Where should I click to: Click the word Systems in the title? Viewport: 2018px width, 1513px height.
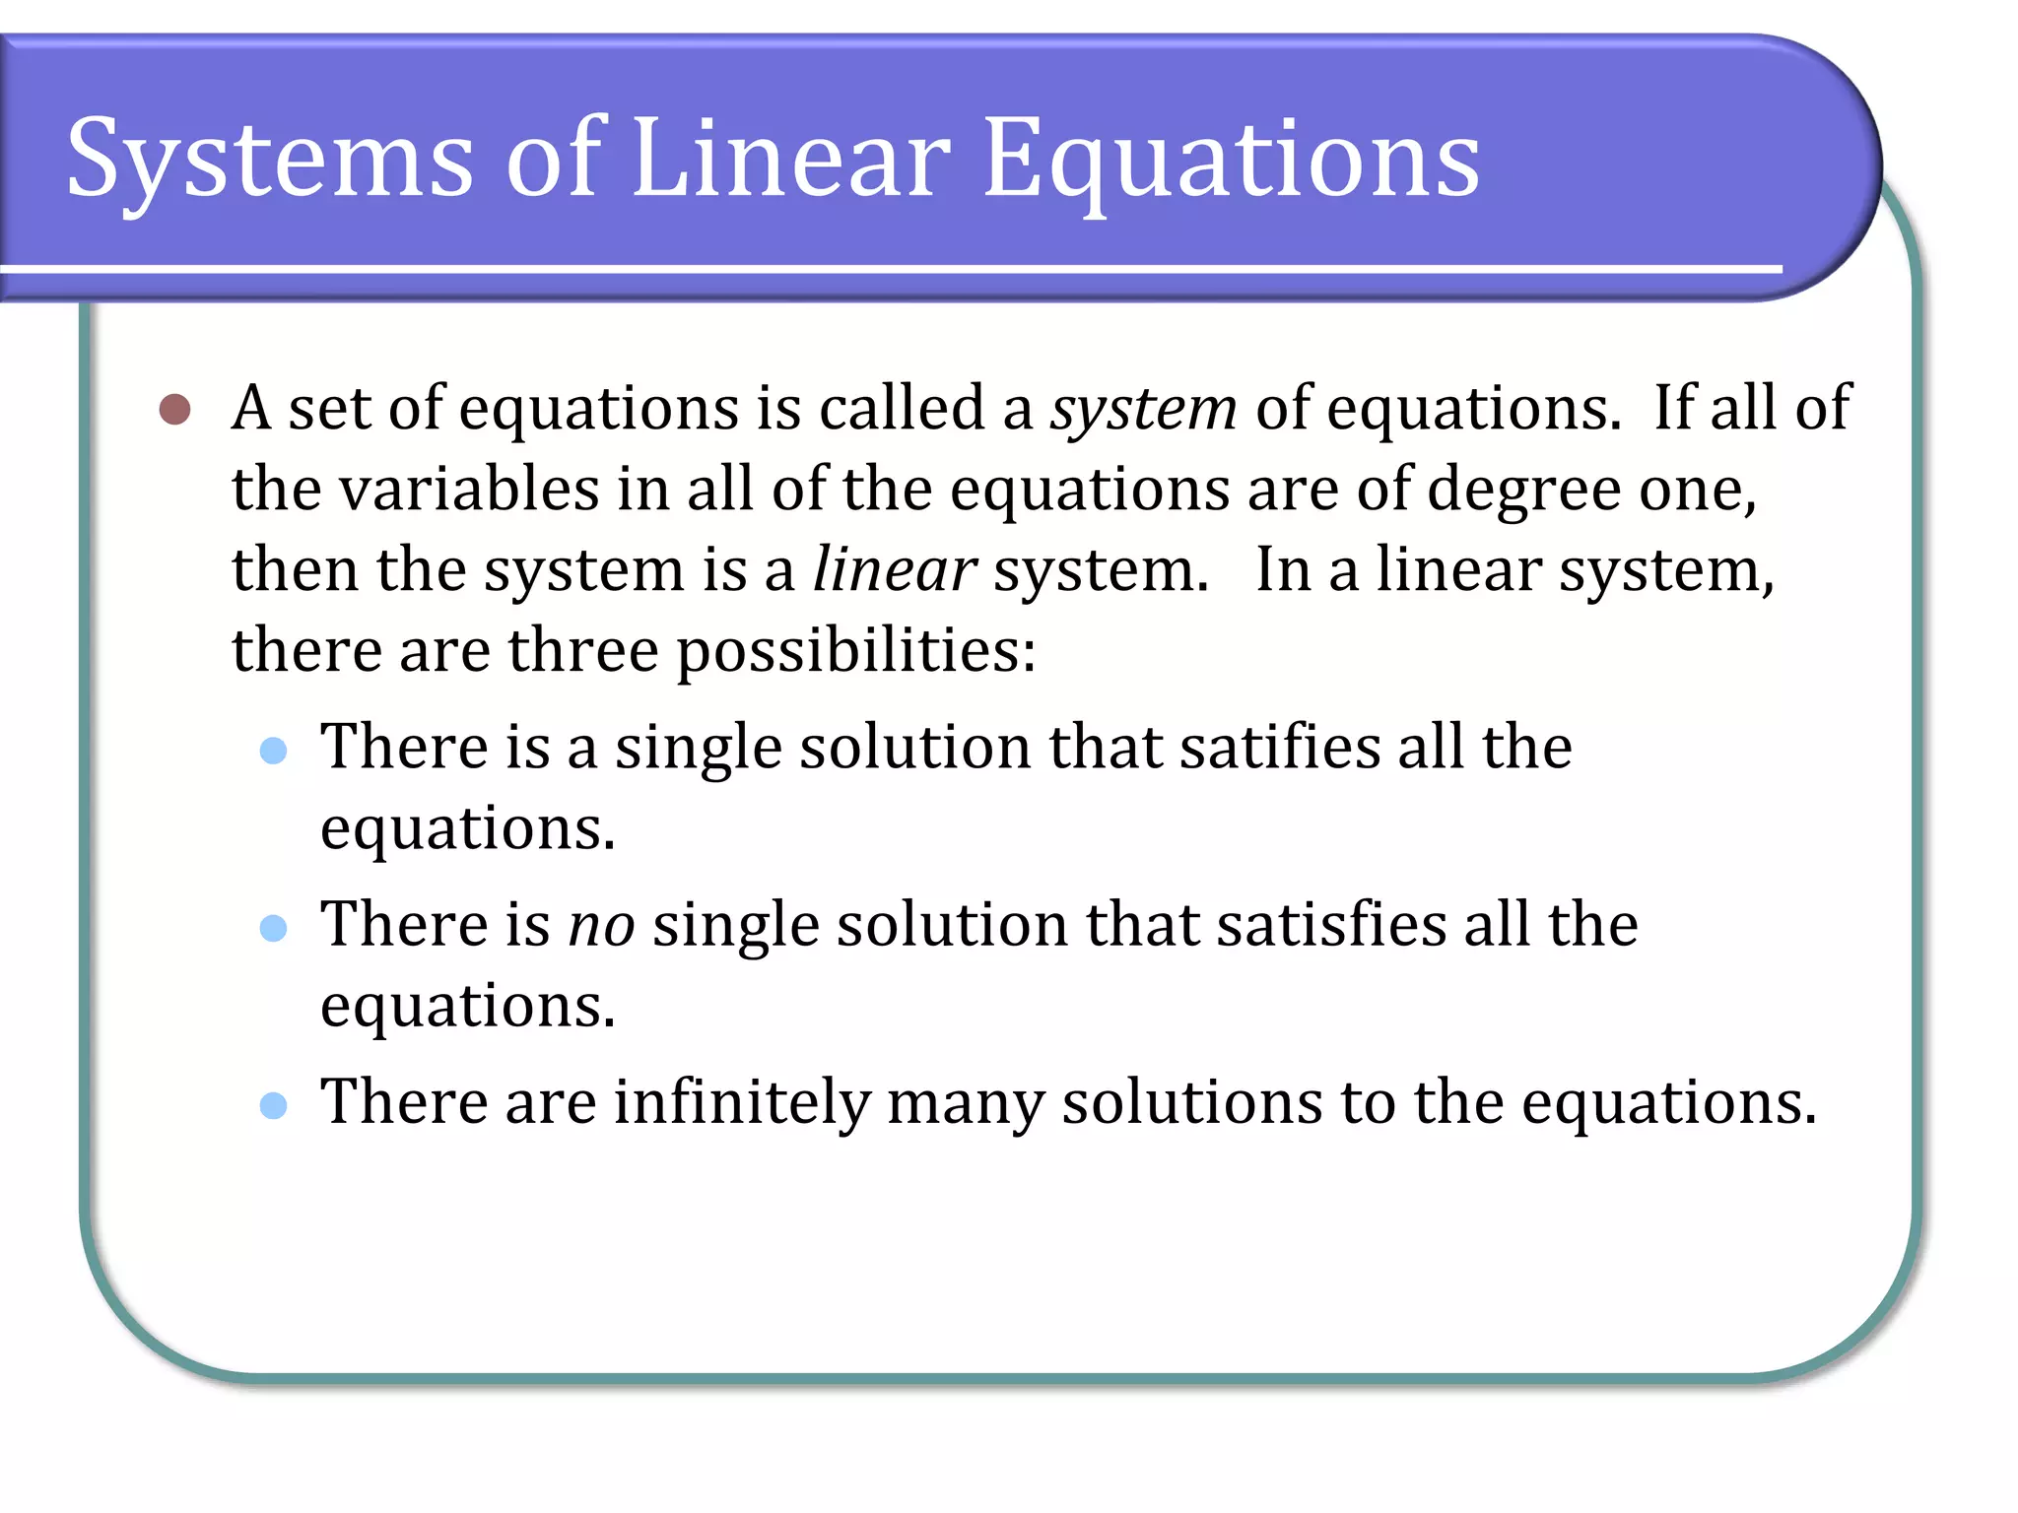[x=269, y=160]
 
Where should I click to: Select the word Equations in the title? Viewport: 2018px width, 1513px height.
[x=1231, y=160]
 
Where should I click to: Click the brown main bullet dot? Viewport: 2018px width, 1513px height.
[x=174, y=409]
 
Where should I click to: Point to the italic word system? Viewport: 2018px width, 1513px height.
[x=1143, y=410]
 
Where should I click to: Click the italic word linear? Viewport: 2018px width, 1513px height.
[x=894, y=570]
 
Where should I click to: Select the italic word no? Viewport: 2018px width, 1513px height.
[x=601, y=926]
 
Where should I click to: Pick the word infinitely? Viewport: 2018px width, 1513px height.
[x=742, y=1102]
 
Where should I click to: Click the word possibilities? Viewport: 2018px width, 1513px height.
[x=855, y=652]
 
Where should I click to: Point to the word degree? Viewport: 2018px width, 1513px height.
[x=1522, y=491]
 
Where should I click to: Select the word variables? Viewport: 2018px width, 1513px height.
[x=469, y=490]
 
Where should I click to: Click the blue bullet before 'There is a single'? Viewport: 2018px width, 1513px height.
[x=273, y=752]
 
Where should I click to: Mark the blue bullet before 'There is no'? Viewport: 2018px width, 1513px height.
[x=273, y=929]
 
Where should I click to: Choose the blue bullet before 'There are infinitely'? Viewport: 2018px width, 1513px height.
[x=273, y=1105]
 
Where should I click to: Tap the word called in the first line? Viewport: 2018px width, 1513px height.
[x=902, y=408]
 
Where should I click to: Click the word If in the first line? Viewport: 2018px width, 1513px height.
[x=1672, y=408]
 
